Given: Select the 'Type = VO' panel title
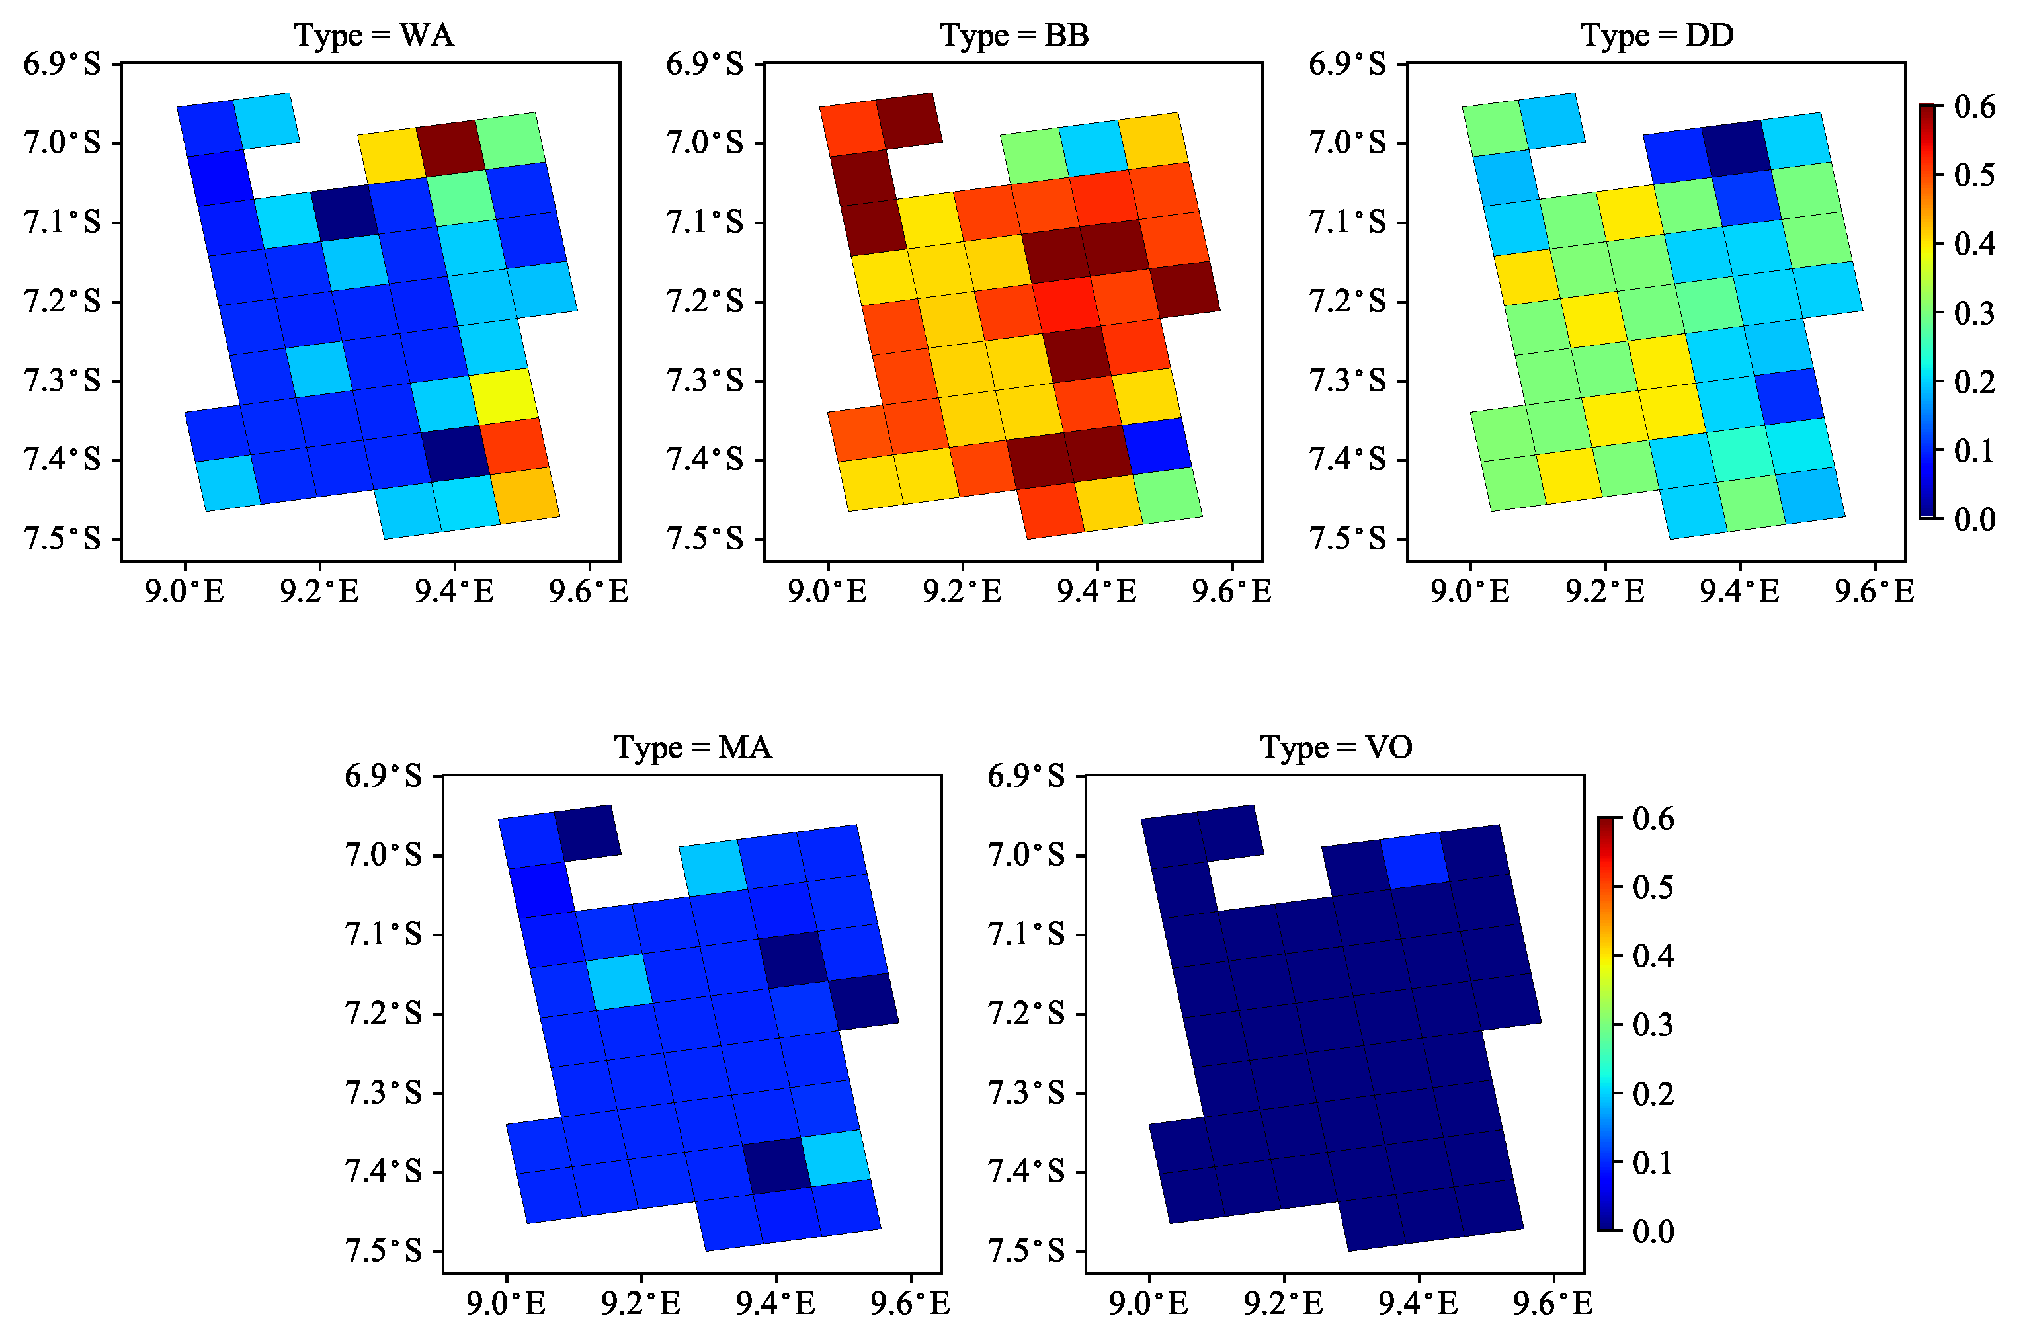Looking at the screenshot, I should (1336, 747).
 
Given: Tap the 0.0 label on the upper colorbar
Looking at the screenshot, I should (1974, 518).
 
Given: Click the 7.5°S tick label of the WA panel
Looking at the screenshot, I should (62, 539).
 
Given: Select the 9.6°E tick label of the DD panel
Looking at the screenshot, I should (1874, 591).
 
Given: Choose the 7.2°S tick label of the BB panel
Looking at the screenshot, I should (704, 302).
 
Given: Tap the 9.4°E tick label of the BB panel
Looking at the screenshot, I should (1096, 591).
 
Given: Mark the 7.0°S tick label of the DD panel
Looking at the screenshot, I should (1348, 143).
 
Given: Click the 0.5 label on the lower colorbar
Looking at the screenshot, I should (1653, 887).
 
